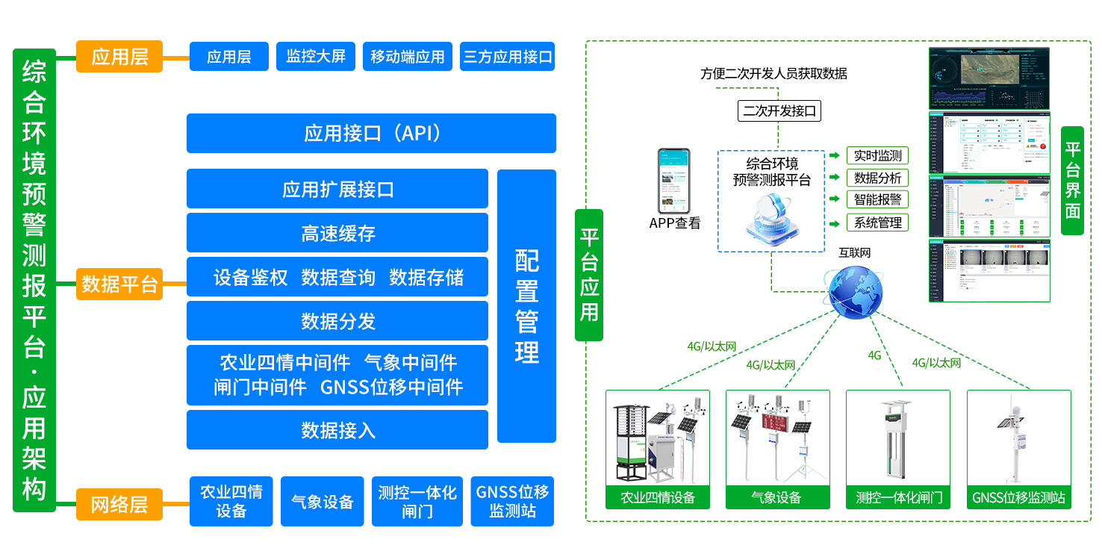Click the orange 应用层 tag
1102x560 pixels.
pyautogui.click(x=119, y=57)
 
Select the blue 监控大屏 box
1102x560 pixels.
pyautogui.click(x=316, y=57)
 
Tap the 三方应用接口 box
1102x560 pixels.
pyautogui.click(x=508, y=57)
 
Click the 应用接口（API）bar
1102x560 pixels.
pyautogui.click(x=371, y=134)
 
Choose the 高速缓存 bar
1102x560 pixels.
pyautogui.click(x=337, y=234)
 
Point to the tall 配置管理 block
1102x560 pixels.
pyautogui.click(x=526, y=306)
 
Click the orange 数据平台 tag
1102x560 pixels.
pyautogui.click(x=119, y=284)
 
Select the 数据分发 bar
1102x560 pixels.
pyautogui.click(x=337, y=321)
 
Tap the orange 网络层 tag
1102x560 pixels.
pyautogui.click(x=119, y=505)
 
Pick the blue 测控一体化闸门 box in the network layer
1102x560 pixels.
pyautogui.click(x=417, y=502)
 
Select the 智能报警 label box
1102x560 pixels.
pyautogui.click(x=877, y=200)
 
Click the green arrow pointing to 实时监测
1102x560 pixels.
pyautogui.click(x=834, y=156)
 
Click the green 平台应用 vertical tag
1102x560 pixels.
pyautogui.click(x=589, y=275)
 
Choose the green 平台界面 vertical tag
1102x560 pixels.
pyautogui.click(x=1072, y=181)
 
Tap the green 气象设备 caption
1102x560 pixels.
pyautogui.click(x=777, y=497)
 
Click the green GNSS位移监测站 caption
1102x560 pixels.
pyautogui.click(x=1018, y=497)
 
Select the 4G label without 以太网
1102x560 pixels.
pyautogui.click(x=874, y=355)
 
